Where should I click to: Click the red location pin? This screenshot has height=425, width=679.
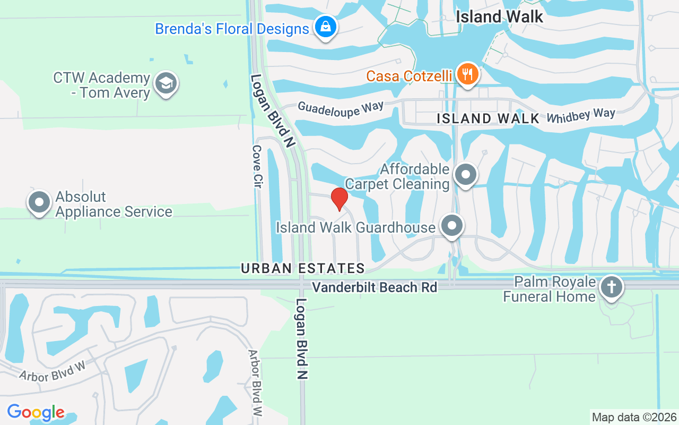pyautogui.click(x=339, y=199)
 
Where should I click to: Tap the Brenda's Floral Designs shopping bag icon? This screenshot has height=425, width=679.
pyautogui.click(x=325, y=26)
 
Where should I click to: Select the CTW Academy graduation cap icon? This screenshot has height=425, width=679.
pyautogui.click(x=166, y=83)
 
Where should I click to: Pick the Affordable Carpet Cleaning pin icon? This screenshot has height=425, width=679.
pyautogui.click(x=466, y=174)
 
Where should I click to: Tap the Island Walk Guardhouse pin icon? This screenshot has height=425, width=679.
pyautogui.click(x=451, y=226)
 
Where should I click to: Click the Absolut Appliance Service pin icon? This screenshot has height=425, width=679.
pyautogui.click(x=39, y=202)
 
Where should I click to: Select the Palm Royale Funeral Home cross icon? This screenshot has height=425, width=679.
pyautogui.click(x=611, y=287)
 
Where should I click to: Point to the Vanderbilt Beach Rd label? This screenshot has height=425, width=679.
pyautogui.click(x=375, y=287)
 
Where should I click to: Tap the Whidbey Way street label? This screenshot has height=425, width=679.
pyautogui.click(x=581, y=115)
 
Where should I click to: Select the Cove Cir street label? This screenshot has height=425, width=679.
pyautogui.click(x=257, y=166)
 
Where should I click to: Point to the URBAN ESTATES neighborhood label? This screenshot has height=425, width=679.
pyautogui.click(x=303, y=269)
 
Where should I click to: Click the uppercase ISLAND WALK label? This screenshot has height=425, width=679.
pyautogui.click(x=488, y=118)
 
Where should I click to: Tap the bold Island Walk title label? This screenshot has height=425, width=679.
pyautogui.click(x=500, y=17)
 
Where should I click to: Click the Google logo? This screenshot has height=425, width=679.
pyautogui.click(x=36, y=412)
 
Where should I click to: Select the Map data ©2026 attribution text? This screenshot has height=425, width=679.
pyautogui.click(x=634, y=417)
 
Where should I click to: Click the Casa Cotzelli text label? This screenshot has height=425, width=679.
pyautogui.click(x=408, y=76)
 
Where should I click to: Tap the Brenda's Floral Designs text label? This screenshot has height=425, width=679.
pyautogui.click(x=232, y=28)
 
